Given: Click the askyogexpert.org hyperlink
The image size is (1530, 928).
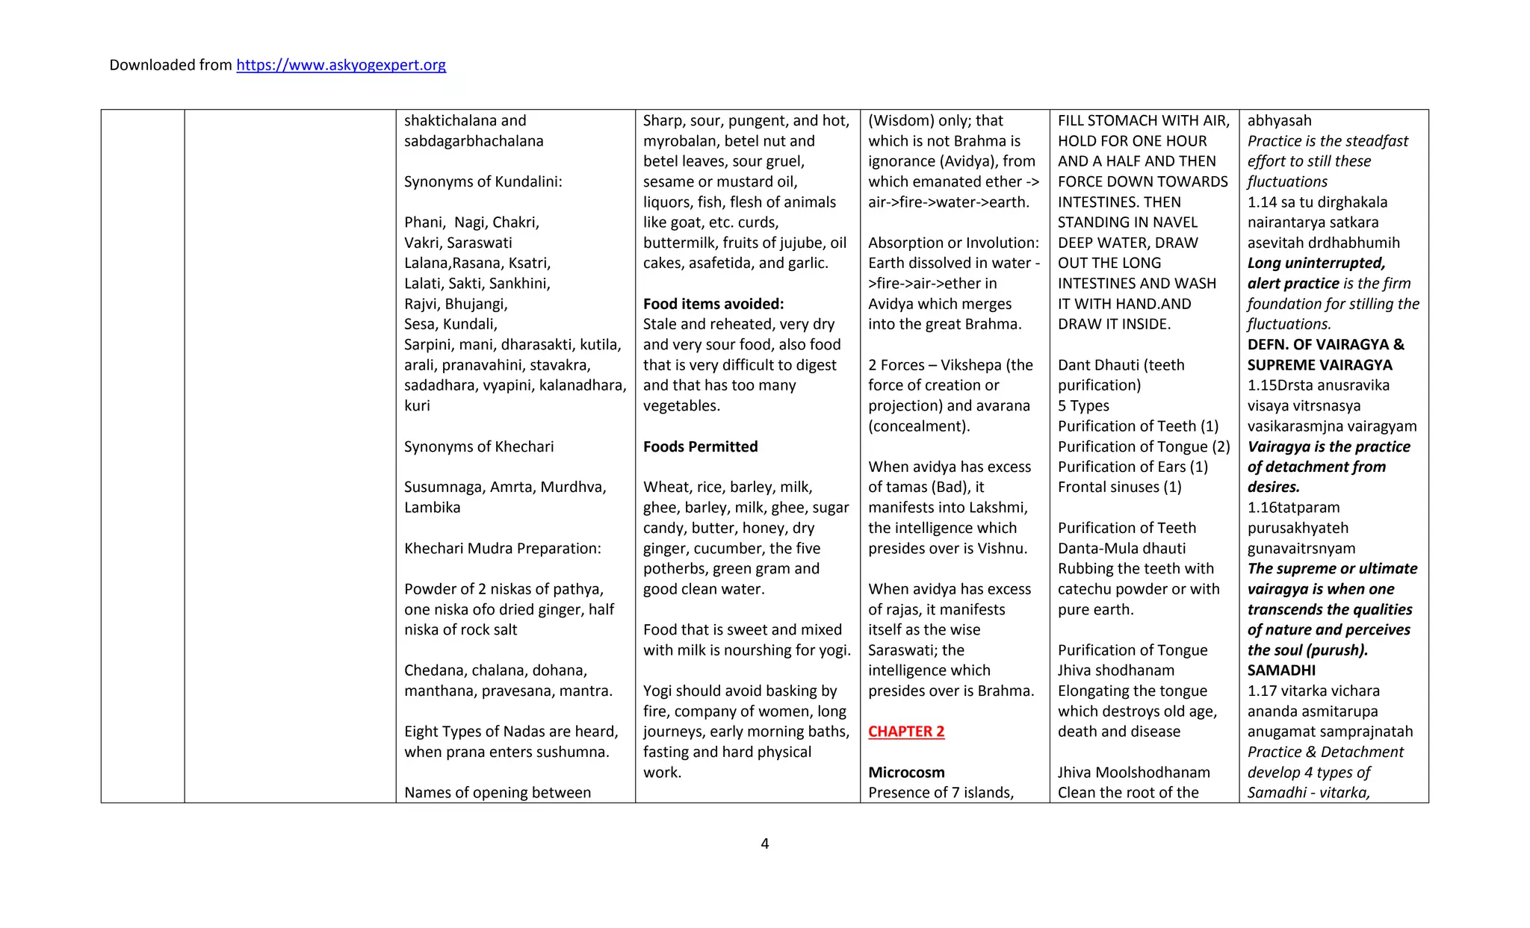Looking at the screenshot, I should tap(341, 65).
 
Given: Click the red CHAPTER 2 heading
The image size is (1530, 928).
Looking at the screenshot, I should tap(906, 732).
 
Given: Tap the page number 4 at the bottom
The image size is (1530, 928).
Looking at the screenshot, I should tap(764, 844).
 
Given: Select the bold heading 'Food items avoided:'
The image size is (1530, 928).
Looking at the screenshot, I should tap(713, 304).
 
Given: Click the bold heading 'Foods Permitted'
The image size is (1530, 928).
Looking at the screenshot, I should tap(700, 446).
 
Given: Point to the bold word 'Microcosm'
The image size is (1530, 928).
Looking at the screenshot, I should tap(906, 772).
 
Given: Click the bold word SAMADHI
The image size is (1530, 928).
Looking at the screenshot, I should tap(1281, 670).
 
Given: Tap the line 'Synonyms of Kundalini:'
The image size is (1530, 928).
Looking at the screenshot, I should tap(483, 181).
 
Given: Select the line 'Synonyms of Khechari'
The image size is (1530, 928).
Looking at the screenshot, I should tap(479, 446).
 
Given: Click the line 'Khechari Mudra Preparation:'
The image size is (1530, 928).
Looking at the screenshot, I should tap(502, 548).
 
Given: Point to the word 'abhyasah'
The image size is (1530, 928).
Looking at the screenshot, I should tap(1279, 120).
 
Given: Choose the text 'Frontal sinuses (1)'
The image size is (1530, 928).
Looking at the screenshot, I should tap(1119, 487).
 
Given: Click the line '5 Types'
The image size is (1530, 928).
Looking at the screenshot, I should tap(1083, 405).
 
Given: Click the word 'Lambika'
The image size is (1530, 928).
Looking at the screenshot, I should tap(432, 507).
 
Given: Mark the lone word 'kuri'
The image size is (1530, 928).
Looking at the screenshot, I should tap(417, 405).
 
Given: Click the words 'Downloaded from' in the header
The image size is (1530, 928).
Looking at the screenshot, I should tap(170, 65).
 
